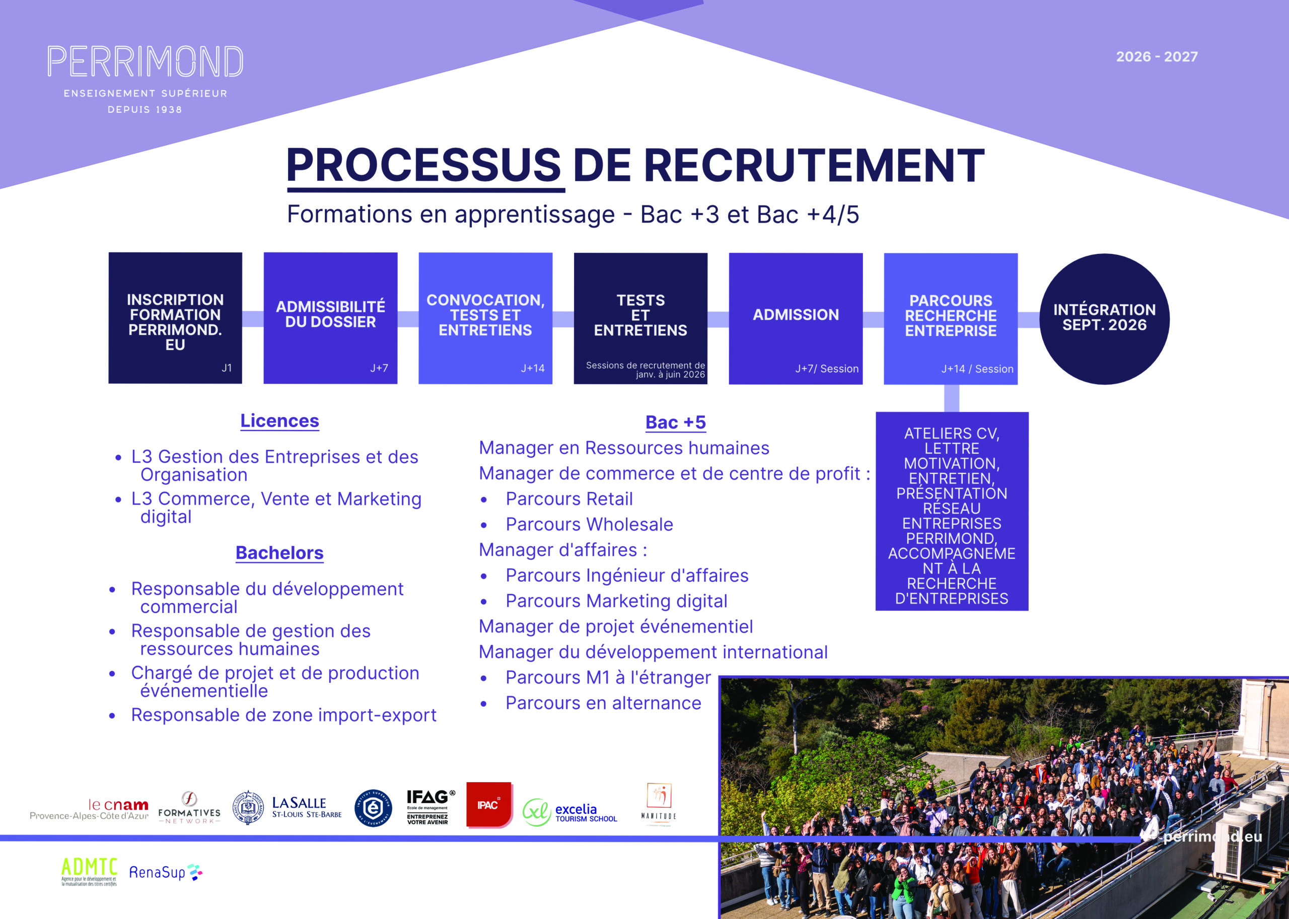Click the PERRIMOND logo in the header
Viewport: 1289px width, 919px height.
point(145,62)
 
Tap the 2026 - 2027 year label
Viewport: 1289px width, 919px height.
point(1157,56)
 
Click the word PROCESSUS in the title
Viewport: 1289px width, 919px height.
point(424,165)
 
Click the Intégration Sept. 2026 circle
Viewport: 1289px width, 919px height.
point(1104,319)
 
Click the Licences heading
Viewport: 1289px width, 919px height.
point(279,421)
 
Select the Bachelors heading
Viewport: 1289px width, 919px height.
point(279,553)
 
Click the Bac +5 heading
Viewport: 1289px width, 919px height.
point(676,422)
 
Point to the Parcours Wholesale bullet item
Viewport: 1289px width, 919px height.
point(589,525)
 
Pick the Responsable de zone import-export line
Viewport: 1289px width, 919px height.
point(283,715)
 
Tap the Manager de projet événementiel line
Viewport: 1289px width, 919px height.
point(616,626)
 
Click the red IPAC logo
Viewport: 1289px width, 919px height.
point(489,805)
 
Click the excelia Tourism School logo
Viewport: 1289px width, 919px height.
point(570,813)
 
